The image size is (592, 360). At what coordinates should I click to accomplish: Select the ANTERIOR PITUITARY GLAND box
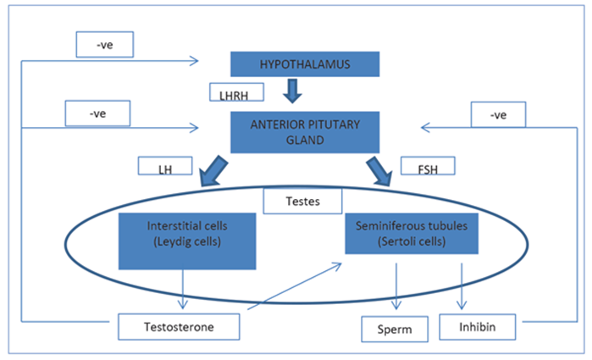(x=304, y=132)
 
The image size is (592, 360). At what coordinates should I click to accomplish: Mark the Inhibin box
(x=478, y=326)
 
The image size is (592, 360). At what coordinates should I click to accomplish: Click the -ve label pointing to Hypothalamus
(x=104, y=45)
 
